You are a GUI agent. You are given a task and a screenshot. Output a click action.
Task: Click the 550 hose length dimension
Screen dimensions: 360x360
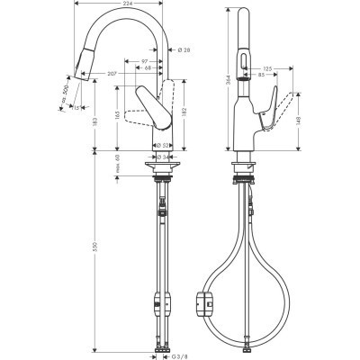94,256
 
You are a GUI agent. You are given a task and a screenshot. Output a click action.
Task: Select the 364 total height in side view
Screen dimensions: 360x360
228,82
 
